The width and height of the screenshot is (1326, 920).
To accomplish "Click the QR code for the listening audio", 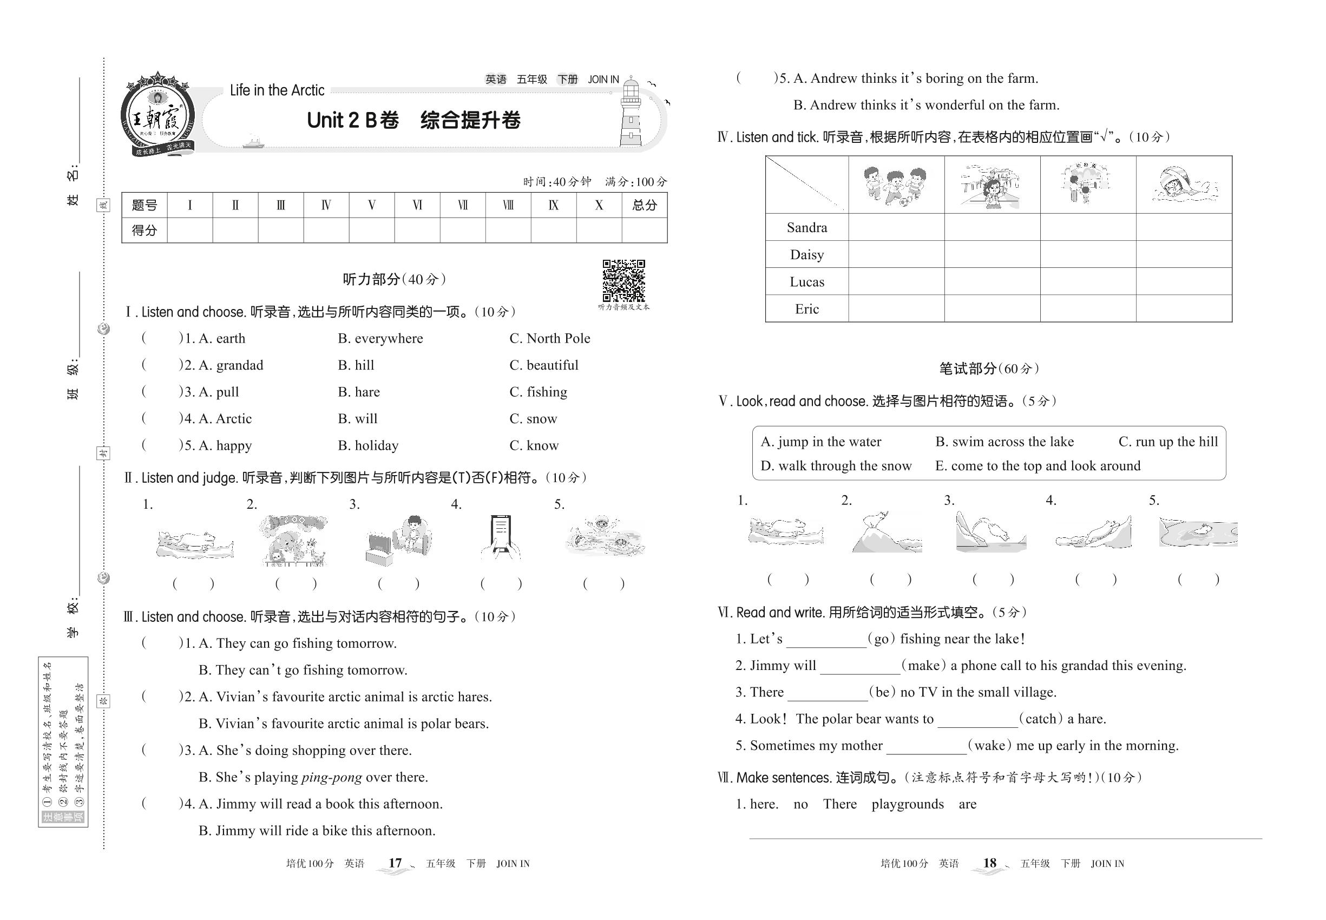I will (623, 281).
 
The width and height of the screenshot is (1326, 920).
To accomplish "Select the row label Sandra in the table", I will (806, 228).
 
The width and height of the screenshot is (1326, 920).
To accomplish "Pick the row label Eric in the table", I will (806, 309).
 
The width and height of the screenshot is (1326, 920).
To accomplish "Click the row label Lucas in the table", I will (806, 282).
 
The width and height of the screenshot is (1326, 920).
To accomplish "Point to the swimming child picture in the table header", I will (1184, 185).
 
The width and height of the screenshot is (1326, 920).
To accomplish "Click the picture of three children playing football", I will (895, 185).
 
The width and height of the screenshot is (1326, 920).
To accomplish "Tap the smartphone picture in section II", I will (501, 536).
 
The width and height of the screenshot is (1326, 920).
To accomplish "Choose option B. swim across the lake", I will (1005, 442).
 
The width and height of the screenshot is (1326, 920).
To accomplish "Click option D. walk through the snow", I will (836, 466).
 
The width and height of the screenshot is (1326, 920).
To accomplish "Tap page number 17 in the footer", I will (395, 863).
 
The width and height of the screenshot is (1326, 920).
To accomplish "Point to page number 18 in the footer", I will (989, 863).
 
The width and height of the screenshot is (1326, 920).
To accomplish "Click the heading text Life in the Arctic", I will (277, 90).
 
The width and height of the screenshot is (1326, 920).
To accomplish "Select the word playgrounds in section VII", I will (908, 804).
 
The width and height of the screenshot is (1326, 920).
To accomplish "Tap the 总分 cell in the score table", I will (644, 205).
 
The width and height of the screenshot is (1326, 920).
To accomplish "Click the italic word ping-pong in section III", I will (331, 777).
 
